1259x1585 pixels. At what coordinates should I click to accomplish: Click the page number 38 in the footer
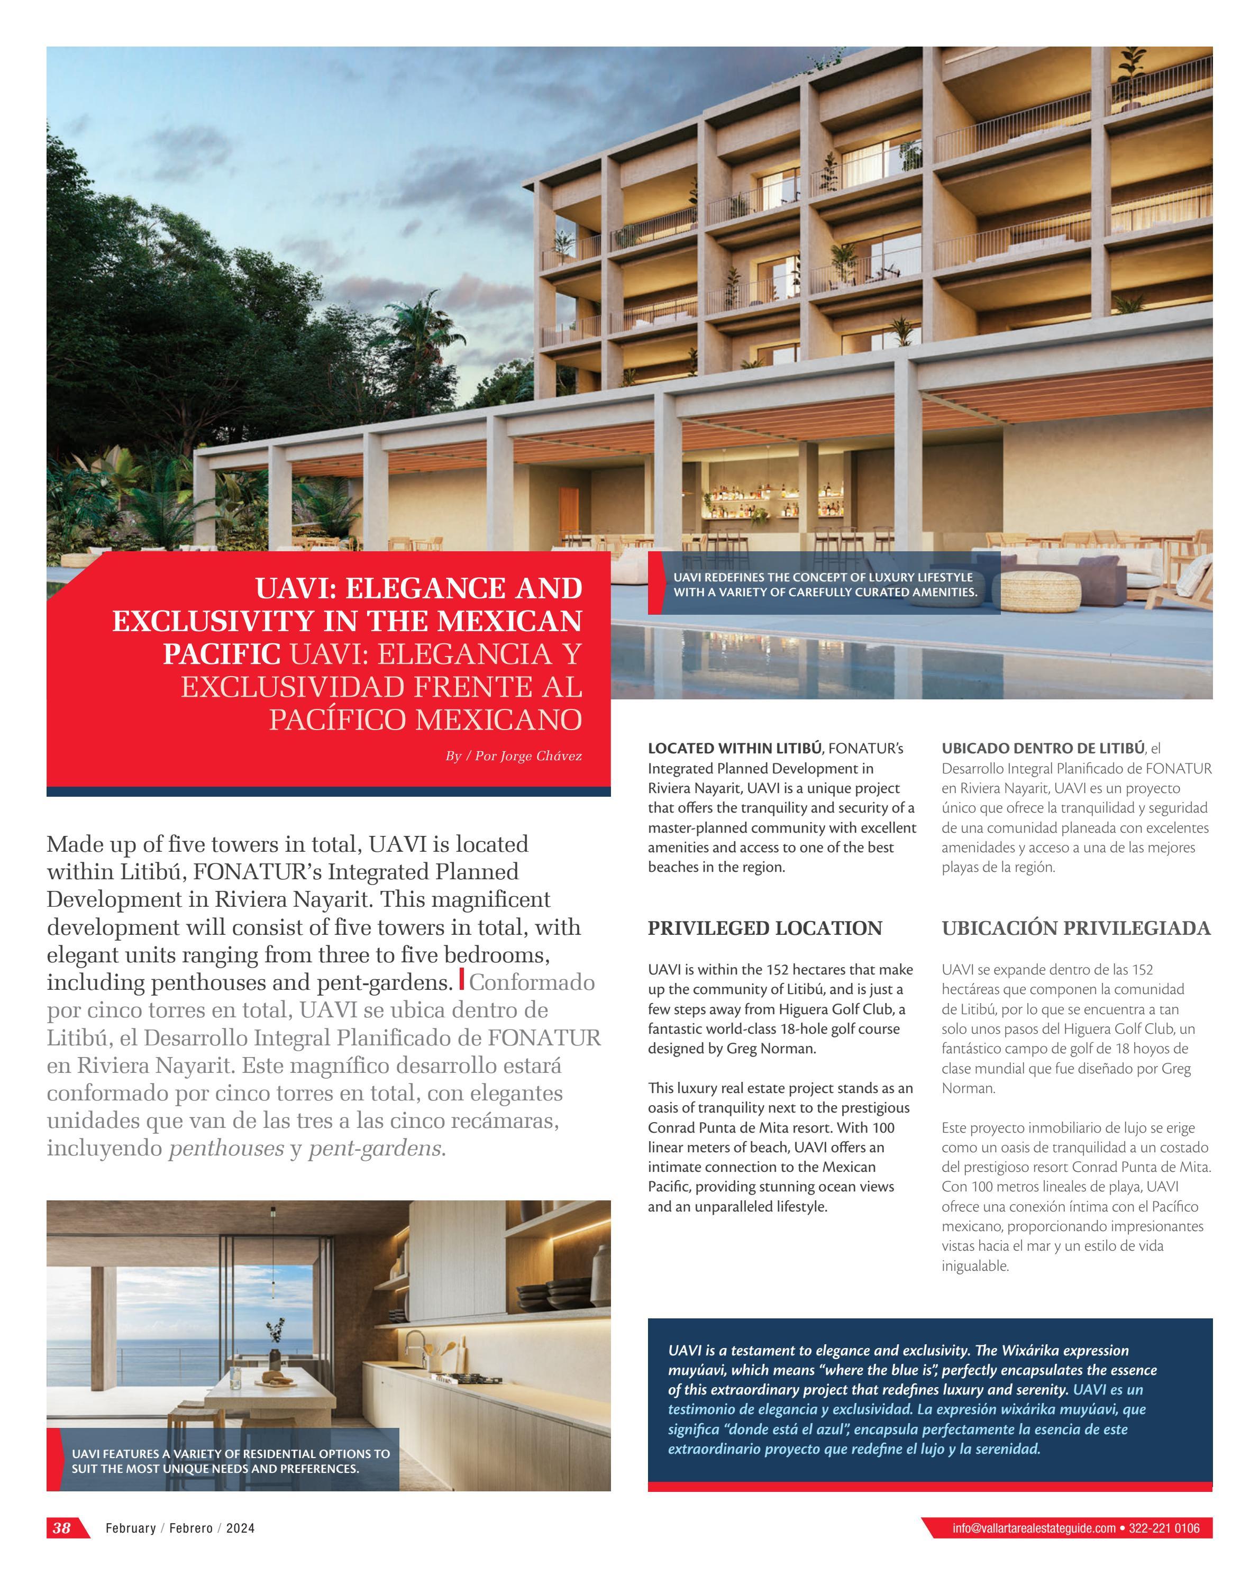(x=62, y=1528)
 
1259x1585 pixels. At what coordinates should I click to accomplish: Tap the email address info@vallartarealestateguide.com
(x=1033, y=1528)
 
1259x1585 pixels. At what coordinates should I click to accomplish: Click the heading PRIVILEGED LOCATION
(x=764, y=928)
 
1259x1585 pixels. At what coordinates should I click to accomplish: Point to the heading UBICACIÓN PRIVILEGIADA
(x=1076, y=928)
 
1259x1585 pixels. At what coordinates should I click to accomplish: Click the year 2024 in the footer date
(x=240, y=1528)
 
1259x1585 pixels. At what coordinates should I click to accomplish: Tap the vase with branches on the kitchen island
(x=275, y=1345)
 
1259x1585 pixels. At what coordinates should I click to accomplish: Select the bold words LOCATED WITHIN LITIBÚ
(x=734, y=749)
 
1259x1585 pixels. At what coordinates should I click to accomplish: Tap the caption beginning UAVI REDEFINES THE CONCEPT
(x=825, y=585)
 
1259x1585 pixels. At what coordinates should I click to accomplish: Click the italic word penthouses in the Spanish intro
(x=226, y=1149)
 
